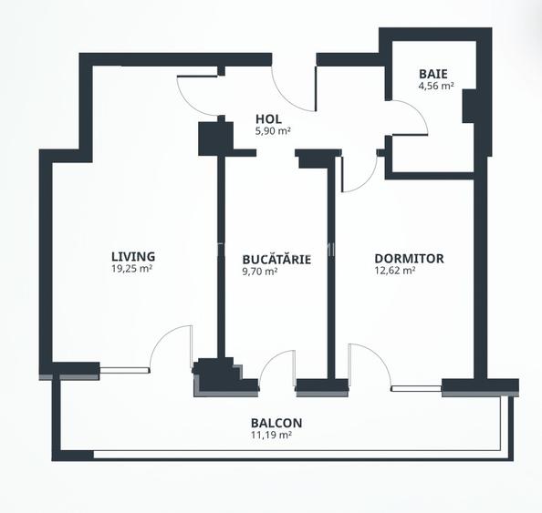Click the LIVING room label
tap(133, 257)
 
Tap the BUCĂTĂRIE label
tap(276, 259)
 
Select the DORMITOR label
tap(410, 259)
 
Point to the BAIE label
tap(433, 74)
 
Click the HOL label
tap(268, 119)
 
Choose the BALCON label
tap(276, 423)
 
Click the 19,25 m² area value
tap(132, 269)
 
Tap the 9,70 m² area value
tap(260, 272)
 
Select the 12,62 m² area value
tap(395, 271)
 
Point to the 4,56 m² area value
tap(436, 86)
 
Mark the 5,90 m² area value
tap(273, 131)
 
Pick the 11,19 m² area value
tap(271, 435)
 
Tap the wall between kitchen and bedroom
tap(331, 272)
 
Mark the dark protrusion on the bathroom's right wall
tap(468, 106)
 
